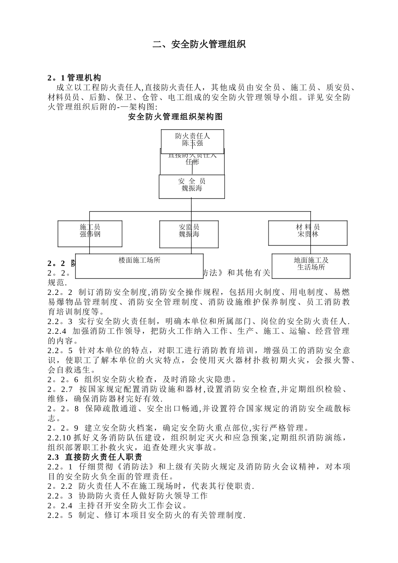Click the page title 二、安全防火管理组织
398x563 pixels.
coord(199,44)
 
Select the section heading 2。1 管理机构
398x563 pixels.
coord(75,77)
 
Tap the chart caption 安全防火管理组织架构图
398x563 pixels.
coord(175,117)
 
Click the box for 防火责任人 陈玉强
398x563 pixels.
coord(192,139)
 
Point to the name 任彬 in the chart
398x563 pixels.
coord(192,162)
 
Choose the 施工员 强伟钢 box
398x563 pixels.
coord(90,233)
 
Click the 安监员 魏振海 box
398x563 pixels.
coord(189,233)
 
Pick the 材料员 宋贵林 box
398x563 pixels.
coord(308,232)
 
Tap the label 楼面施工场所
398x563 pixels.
coord(140,260)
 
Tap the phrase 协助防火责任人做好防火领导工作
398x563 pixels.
coord(143,496)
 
